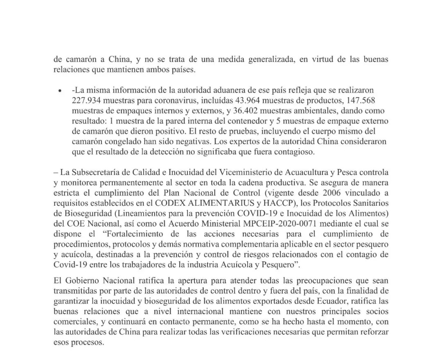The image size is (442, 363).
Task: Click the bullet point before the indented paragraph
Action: point(60,90)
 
